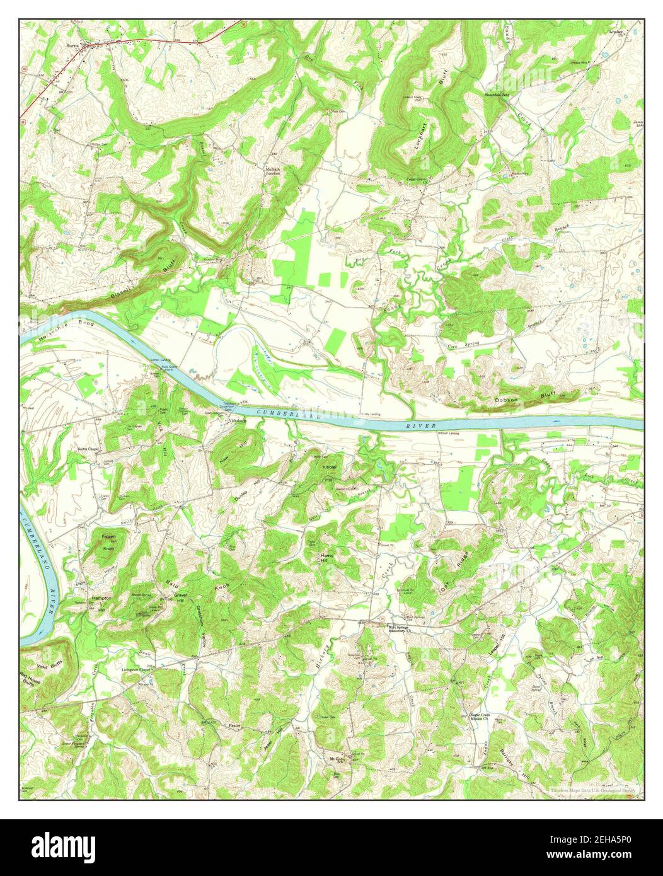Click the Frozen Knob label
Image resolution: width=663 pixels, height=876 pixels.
pos(109,543)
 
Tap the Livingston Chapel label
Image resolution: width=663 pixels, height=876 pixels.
pos(137,670)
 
